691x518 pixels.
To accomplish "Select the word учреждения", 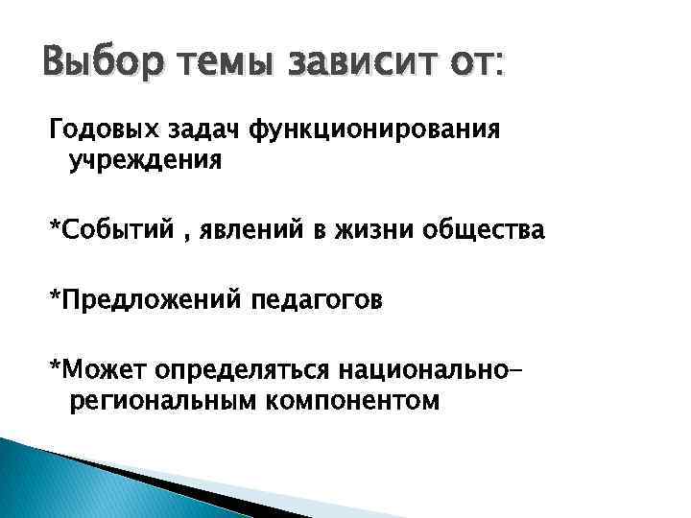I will tap(145, 159).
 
